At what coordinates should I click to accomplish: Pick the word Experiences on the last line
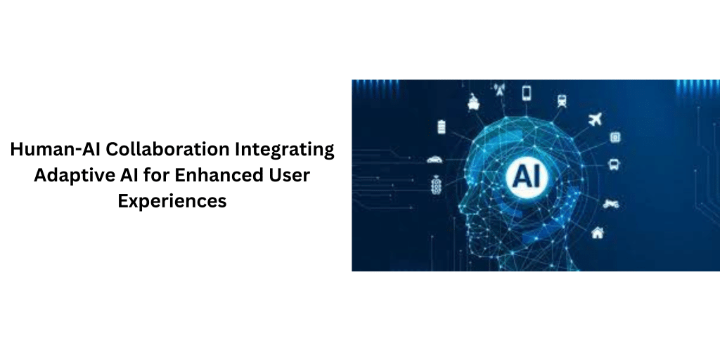pyautogui.click(x=172, y=200)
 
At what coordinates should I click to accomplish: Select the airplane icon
pyautogui.click(x=596, y=119)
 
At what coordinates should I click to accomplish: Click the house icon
pyautogui.click(x=597, y=232)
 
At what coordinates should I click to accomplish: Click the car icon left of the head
pyautogui.click(x=435, y=159)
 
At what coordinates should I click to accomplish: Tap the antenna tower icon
pyautogui.click(x=500, y=90)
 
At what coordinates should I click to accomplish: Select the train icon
pyautogui.click(x=562, y=101)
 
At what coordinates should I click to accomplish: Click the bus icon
pyautogui.click(x=613, y=165)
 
